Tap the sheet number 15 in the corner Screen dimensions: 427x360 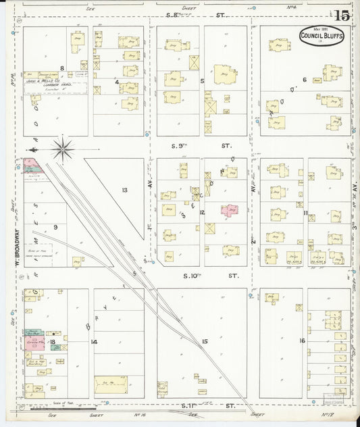click(341, 16)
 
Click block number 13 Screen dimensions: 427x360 click(124, 190)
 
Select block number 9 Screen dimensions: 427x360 click(55, 227)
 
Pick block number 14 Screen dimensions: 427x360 click(94, 342)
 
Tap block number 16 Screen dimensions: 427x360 click(303, 341)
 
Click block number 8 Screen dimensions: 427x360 click(61, 68)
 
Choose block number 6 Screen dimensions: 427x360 click(305, 80)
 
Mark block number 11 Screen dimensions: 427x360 click(305, 214)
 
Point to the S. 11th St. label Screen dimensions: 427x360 click(203, 406)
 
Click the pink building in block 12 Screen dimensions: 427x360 click(230, 211)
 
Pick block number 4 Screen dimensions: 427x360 click(117, 82)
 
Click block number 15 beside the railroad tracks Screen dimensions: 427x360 click(204, 342)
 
